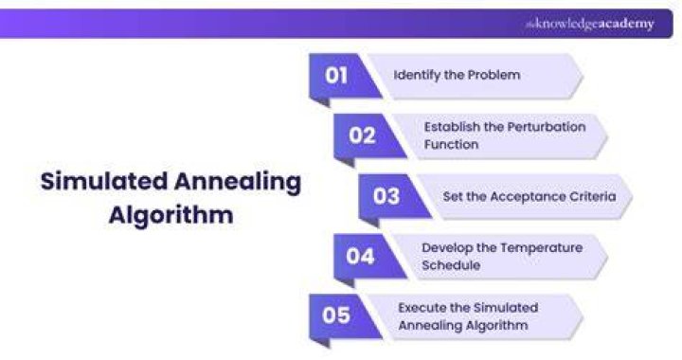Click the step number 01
(x=335, y=75)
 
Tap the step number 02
(x=362, y=135)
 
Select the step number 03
(x=386, y=196)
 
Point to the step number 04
(x=360, y=256)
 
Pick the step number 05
(x=335, y=315)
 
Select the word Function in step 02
(x=451, y=144)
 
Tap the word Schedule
(x=451, y=265)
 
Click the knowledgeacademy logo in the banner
(x=590, y=24)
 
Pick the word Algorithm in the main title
(x=170, y=215)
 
